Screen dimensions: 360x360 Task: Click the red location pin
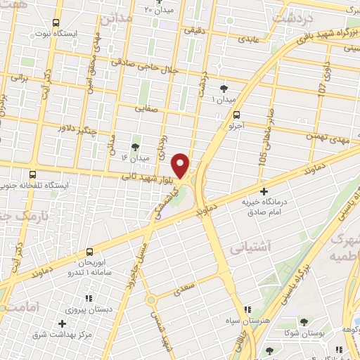[181, 165]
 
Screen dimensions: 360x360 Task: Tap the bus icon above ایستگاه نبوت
[56, 23]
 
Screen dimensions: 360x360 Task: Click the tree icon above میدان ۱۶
[136, 147]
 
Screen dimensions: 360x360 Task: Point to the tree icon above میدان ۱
[224, 89]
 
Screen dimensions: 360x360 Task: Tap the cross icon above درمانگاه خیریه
[264, 191]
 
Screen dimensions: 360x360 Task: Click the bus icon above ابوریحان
[89, 251]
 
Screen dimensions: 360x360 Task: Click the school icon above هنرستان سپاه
[247, 309]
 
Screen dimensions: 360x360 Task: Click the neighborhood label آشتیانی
[247, 247]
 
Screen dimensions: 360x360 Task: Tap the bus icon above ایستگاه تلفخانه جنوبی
[32, 174]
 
